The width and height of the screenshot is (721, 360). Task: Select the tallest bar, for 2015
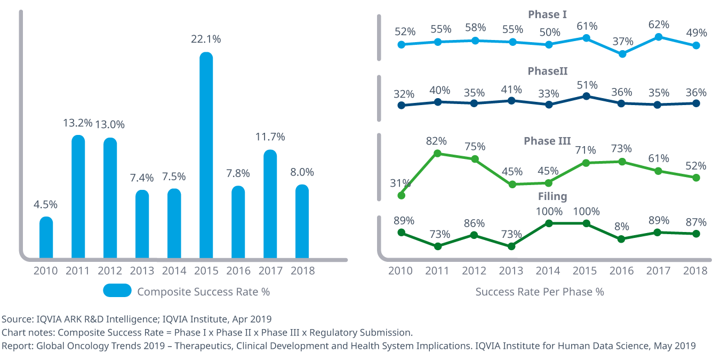click(206, 155)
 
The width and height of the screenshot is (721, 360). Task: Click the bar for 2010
click(46, 237)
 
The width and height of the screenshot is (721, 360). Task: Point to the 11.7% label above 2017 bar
click(270, 137)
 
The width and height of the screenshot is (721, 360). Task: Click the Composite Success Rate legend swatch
click(117, 291)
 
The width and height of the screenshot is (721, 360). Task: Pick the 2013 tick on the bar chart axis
click(142, 270)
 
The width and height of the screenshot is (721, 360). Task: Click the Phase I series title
click(547, 14)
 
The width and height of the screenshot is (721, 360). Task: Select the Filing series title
click(552, 197)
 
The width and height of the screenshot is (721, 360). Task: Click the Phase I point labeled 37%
click(622, 54)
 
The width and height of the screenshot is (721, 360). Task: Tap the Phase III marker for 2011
click(438, 154)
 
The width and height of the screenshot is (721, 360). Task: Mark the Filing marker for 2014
click(549, 223)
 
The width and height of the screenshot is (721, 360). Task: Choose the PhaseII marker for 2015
click(586, 97)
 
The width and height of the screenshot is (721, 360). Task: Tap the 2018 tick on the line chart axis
click(696, 270)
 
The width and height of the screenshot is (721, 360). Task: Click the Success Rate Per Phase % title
click(539, 292)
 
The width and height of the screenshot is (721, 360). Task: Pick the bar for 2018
click(302, 221)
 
